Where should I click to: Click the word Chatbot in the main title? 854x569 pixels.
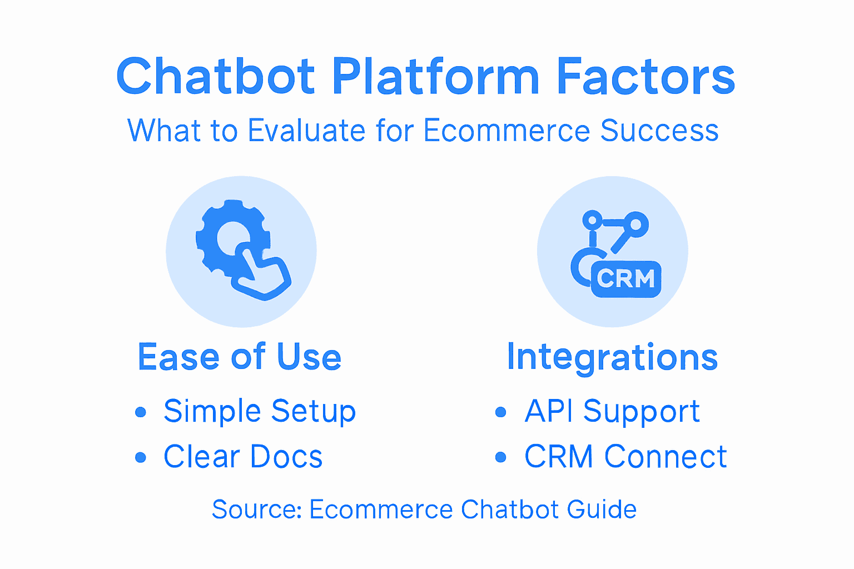coord(216,76)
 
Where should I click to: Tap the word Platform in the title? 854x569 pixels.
coord(436,76)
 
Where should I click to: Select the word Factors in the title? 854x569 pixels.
coord(646,76)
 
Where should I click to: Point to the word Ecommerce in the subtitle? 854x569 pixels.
coord(507,131)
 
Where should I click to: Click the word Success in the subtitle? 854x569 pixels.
coord(659,131)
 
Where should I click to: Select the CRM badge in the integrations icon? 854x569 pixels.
coord(626,279)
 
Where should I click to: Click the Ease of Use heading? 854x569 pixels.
coord(240,357)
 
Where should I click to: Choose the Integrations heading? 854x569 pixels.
coord(612,358)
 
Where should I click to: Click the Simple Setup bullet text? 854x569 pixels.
coord(260,412)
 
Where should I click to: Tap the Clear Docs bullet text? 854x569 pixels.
coord(243,457)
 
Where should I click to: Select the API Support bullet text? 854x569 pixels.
coord(612,412)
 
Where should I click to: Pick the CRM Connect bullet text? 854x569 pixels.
coord(625,457)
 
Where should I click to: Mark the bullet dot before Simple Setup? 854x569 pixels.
coord(141,412)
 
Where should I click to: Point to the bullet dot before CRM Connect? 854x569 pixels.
coord(501,457)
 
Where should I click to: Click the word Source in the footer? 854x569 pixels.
coord(256,510)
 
